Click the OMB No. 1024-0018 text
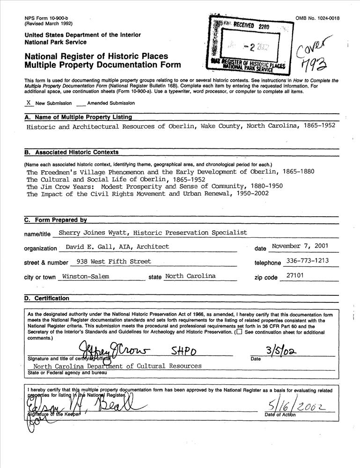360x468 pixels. tap(317, 18)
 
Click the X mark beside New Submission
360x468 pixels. tap(29, 102)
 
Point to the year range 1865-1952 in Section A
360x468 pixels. tap(319, 126)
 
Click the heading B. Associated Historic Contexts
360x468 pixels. tap(71, 152)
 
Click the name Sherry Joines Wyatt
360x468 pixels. tap(93, 232)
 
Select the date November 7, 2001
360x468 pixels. tap(300, 246)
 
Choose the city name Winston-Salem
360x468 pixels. tap(86, 276)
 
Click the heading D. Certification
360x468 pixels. tap(46, 298)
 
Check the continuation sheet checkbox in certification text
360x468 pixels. tap(239, 332)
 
